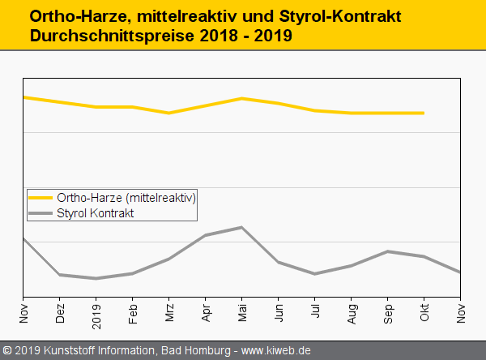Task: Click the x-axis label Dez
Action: coord(60,313)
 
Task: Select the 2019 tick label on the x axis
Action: coord(96,312)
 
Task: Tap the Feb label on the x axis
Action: coord(133,313)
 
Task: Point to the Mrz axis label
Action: coord(169,313)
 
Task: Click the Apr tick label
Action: coord(206,313)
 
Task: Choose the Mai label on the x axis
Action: coord(242,313)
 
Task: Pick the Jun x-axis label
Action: coord(279,313)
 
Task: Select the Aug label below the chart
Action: coord(352,313)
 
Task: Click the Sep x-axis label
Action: coord(388,313)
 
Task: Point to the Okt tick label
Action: coord(424,313)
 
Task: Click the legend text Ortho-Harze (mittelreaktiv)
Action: coord(126,198)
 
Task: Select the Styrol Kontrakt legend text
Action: coord(96,213)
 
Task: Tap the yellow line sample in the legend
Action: coord(40,198)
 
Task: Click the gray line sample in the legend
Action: coord(40,213)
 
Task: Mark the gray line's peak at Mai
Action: coord(242,227)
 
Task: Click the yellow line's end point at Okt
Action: coord(424,113)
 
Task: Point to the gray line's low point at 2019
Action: coord(96,278)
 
